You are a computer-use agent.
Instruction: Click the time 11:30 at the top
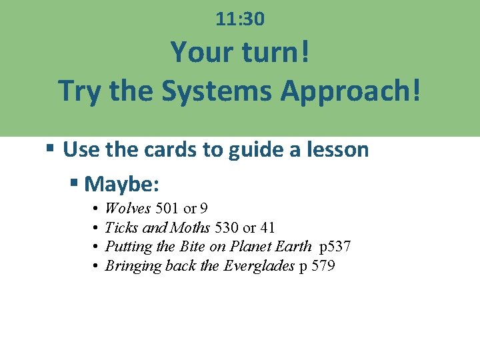[x=240, y=20]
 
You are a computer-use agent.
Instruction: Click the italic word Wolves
[x=128, y=208]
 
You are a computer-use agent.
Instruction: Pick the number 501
[x=167, y=208]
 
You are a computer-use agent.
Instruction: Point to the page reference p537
[x=335, y=247]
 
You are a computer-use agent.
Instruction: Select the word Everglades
[x=259, y=266]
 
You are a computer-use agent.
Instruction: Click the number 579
[x=323, y=266]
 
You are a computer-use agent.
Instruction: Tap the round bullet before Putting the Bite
[x=96, y=247]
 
